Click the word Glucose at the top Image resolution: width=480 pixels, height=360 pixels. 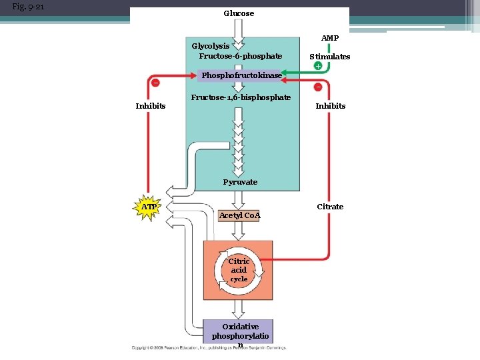click(x=239, y=13)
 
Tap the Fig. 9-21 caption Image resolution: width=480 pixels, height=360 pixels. click(x=29, y=8)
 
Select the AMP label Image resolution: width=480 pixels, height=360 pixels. click(x=329, y=38)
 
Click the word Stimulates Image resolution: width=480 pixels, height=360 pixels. click(x=329, y=57)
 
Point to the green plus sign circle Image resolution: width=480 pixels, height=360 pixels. click(x=318, y=66)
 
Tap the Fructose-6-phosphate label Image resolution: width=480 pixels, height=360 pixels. click(x=240, y=56)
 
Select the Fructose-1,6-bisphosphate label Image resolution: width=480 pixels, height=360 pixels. click(x=241, y=97)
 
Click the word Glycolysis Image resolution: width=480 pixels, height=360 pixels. click(x=211, y=46)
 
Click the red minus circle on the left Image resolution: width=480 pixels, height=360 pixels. click(x=155, y=83)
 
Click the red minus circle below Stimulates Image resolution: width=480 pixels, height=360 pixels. click(x=318, y=87)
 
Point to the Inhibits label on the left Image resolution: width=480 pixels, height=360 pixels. click(x=151, y=106)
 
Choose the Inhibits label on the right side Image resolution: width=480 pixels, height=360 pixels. click(x=331, y=106)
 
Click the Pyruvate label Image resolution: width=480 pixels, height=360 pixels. click(x=240, y=182)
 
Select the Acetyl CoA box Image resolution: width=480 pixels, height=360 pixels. click(x=239, y=215)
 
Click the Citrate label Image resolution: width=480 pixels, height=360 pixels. click(x=330, y=207)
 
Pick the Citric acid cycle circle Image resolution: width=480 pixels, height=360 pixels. click(x=239, y=270)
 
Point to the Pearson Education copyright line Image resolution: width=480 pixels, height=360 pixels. click(x=209, y=348)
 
